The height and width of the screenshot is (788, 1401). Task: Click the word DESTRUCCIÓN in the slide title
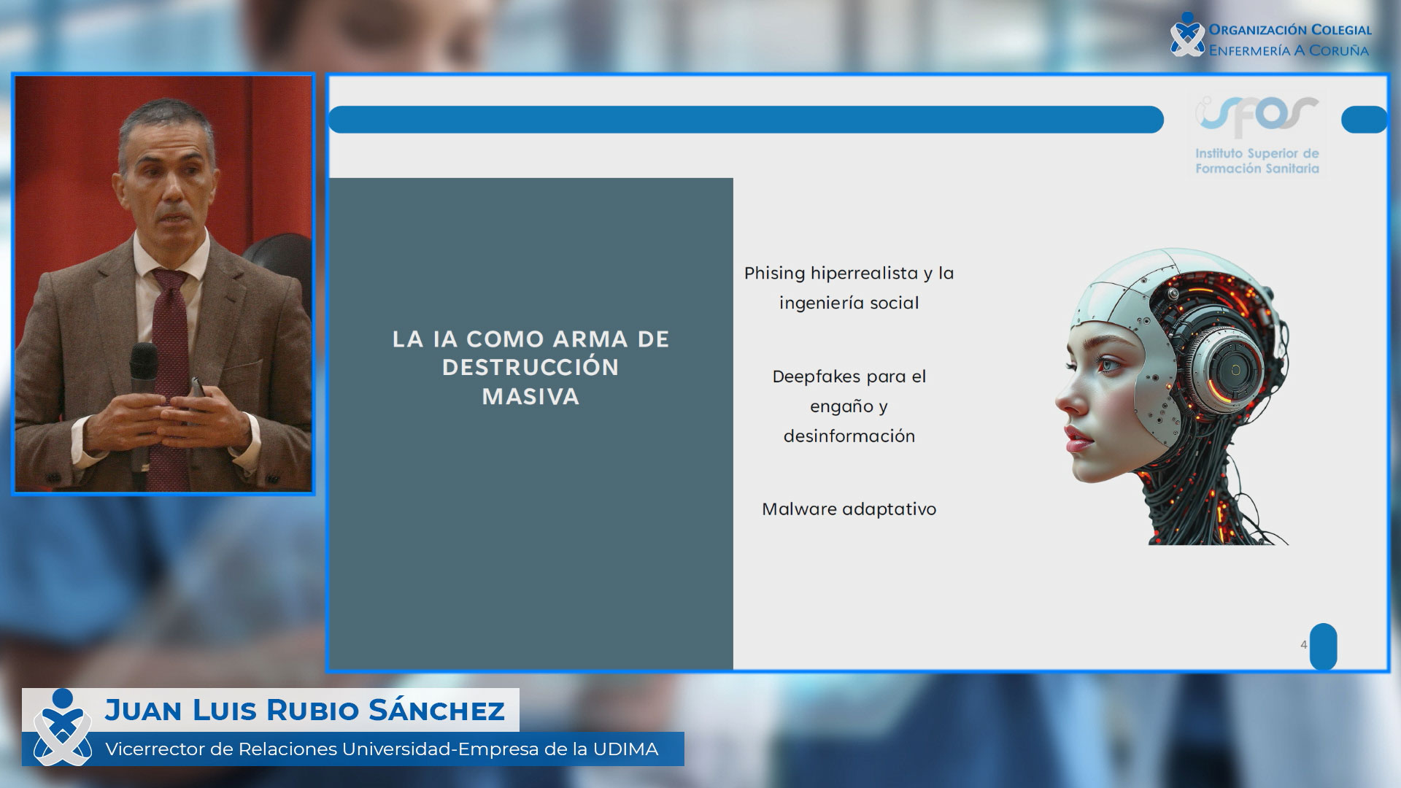tap(530, 367)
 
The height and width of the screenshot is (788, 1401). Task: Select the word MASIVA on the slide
tap(530, 397)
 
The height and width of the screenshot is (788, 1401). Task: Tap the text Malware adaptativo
tap(849, 509)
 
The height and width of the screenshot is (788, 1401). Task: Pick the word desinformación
tap(849, 436)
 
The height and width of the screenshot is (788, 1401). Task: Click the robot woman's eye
tap(1108, 363)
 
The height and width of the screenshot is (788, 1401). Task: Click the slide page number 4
tap(1303, 645)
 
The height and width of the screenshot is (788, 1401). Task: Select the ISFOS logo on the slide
tap(1257, 136)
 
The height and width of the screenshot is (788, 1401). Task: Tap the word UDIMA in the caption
tap(625, 749)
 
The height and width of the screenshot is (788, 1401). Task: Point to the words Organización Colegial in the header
tap(1290, 30)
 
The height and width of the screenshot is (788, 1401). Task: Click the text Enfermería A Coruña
tap(1289, 50)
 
